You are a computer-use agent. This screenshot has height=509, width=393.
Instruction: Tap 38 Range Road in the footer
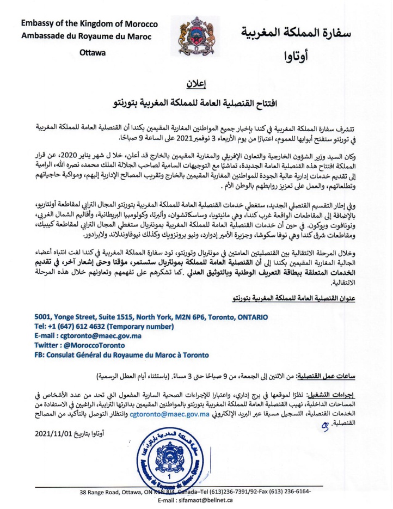[x=103, y=492]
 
